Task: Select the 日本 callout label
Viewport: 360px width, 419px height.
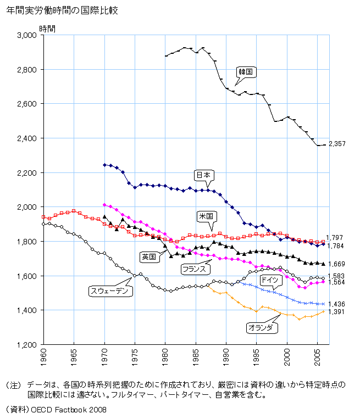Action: [x=203, y=175]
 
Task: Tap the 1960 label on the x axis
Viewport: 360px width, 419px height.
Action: [x=44, y=360]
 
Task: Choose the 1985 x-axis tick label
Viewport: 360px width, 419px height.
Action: [x=195, y=360]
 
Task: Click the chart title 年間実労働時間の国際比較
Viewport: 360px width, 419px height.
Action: [x=62, y=10]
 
